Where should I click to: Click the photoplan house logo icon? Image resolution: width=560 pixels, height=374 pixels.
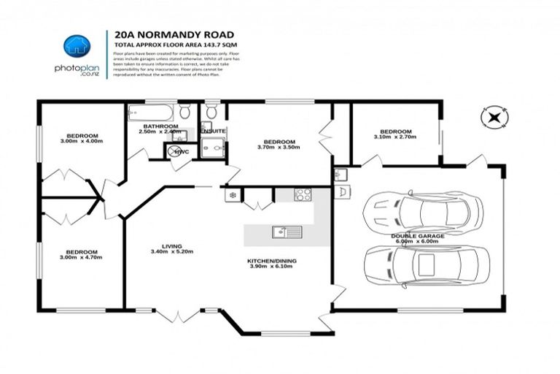pyautogui.click(x=76, y=47)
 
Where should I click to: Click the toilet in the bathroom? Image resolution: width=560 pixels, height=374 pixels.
pyautogui.click(x=185, y=112)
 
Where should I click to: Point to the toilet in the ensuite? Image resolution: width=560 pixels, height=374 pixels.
pyautogui.click(x=211, y=112)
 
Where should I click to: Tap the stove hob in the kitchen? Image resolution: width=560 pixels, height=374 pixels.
pyautogui.click(x=303, y=194)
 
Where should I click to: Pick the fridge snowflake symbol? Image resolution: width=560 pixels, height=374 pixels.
pyautogui.click(x=230, y=195)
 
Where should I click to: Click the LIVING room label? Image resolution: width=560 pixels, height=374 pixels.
pyautogui.click(x=173, y=246)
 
